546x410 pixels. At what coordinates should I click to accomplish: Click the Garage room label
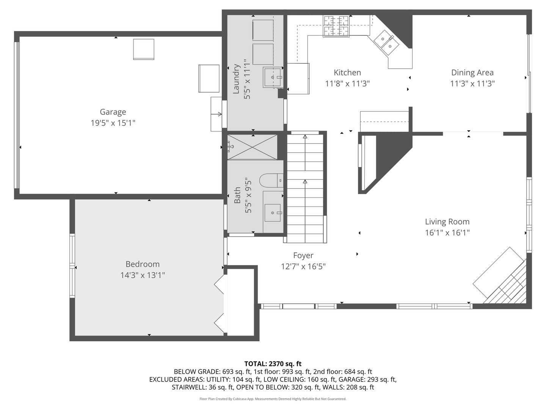click(113, 112)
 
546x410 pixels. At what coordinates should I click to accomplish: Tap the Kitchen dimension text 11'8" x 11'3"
click(347, 84)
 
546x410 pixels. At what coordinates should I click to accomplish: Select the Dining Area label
click(472, 73)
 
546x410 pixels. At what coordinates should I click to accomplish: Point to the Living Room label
click(447, 222)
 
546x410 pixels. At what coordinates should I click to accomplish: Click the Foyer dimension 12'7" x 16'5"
click(303, 266)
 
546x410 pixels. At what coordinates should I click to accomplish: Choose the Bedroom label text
click(143, 264)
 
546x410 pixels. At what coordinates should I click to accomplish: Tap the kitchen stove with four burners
click(336, 26)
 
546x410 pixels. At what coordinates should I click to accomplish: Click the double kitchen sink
click(386, 42)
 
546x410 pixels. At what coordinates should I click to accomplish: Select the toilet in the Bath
click(271, 180)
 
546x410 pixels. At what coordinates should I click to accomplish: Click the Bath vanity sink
click(272, 213)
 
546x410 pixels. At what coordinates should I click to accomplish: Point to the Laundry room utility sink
click(273, 77)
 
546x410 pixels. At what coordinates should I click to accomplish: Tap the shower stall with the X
click(252, 147)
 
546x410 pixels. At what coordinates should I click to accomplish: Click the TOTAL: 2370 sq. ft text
click(273, 364)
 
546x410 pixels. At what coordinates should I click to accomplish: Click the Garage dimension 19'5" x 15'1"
click(113, 123)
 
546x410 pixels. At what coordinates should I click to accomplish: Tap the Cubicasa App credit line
click(273, 399)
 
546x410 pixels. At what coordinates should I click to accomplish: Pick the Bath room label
click(237, 195)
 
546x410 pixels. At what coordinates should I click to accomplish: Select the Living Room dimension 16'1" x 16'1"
click(447, 233)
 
